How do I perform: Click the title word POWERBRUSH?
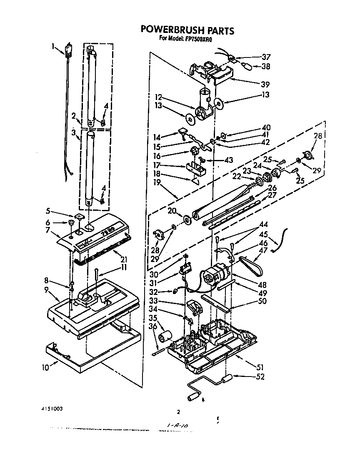click(170, 30)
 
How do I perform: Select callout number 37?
click(266, 57)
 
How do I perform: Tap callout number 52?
click(260, 377)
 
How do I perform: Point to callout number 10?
click(45, 367)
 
